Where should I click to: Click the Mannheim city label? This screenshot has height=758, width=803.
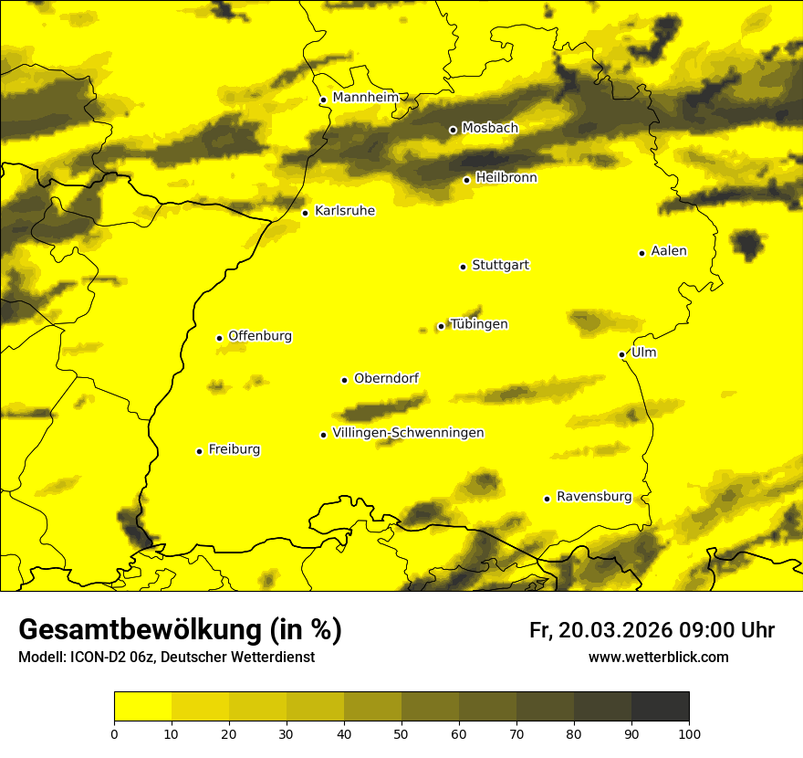click(365, 98)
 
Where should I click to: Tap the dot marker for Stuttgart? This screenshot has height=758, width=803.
click(463, 267)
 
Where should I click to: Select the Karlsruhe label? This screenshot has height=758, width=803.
click(344, 211)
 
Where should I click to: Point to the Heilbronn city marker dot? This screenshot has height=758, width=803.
click(466, 180)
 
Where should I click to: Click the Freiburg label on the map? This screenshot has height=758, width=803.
click(234, 449)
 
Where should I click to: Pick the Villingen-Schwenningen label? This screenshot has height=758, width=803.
click(408, 433)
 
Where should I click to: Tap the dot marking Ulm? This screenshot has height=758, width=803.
click(621, 354)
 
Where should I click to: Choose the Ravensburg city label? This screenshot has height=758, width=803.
click(593, 497)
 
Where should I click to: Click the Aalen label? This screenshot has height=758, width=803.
click(668, 251)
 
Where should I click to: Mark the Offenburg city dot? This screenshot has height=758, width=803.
click(219, 338)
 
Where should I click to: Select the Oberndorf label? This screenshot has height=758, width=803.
click(386, 378)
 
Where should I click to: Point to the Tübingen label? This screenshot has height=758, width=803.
click(478, 324)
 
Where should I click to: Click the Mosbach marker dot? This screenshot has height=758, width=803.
click(453, 130)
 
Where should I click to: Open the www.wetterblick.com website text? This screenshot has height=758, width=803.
click(658, 658)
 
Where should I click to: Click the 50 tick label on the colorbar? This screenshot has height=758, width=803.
click(401, 733)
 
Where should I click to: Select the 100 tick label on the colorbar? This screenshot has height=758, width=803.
click(688, 733)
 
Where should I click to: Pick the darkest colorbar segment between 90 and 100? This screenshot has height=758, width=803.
click(660, 707)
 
